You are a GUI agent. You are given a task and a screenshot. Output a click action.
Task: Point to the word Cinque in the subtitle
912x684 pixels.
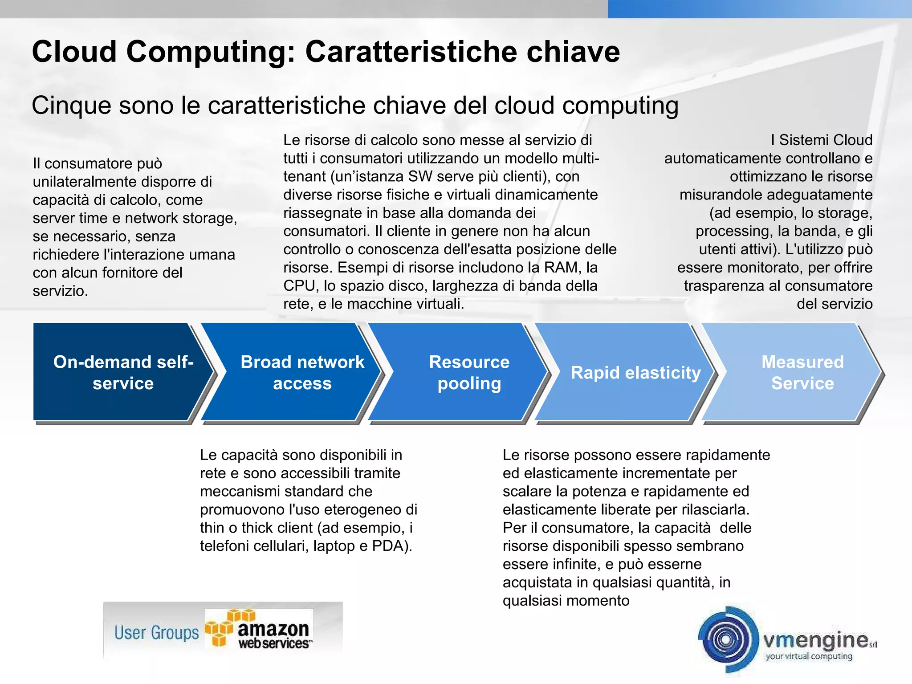point(71,106)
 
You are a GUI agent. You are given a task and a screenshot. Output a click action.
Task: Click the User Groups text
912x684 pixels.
point(156,632)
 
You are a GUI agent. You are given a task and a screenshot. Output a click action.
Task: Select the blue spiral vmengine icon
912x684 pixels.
point(727,639)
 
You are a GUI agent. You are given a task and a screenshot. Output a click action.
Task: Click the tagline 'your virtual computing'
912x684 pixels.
point(809,656)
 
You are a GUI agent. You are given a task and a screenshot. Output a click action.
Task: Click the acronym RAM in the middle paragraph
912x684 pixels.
point(562,267)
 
